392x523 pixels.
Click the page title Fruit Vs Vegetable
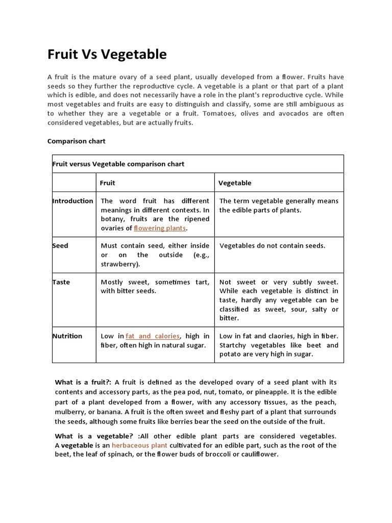(x=107, y=54)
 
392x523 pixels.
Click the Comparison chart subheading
(x=76, y=141)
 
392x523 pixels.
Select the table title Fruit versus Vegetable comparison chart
(x=118, y=164)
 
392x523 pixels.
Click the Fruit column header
(x=107, y=183)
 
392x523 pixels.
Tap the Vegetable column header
(x=235, y=183)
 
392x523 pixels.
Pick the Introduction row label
(x=73, y=201)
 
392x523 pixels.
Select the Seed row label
(x=60, y=246)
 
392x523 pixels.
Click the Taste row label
(x=61, y=282)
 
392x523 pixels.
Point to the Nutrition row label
(x=67, y=336)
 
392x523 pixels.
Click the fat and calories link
(x=153, y=336)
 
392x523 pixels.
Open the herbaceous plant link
(x=139, y=445)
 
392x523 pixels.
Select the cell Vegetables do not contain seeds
(x=272, y=246)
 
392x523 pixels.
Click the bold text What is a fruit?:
(x=83, y=382)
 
